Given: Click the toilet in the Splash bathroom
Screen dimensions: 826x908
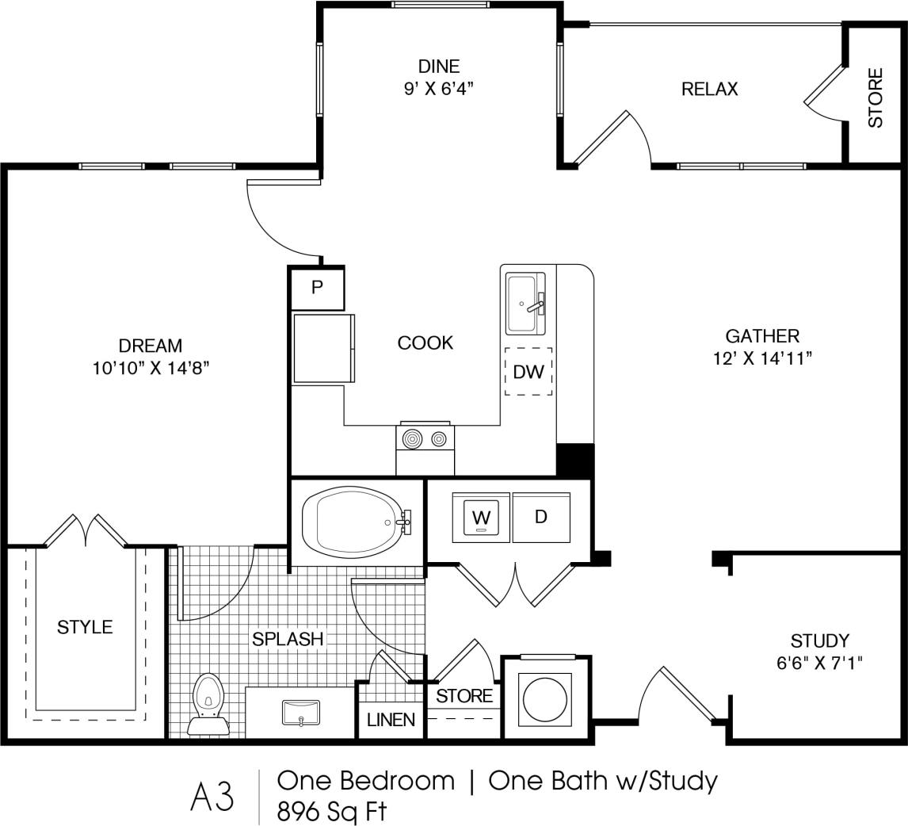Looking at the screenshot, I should point(208,702).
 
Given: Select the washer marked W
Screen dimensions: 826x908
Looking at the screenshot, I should point(481,518).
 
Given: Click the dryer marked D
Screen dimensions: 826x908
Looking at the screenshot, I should point(541,518).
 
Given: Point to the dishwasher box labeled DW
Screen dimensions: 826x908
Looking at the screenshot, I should point(528,371).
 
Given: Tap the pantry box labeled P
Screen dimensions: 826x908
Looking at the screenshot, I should point(317,288).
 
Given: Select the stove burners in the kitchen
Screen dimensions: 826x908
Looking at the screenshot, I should point(425,438).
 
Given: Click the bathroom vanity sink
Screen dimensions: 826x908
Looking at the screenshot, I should point(301,712).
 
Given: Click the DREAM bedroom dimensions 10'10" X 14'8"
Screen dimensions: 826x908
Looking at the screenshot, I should point(151,368).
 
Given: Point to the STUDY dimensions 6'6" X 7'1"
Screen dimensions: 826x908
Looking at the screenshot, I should point(819,662).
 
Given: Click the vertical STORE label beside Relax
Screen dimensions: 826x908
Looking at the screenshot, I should point(875,98).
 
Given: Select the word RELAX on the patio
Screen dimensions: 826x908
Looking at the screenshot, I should point(709,89).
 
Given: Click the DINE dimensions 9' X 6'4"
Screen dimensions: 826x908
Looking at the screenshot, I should point(438,89).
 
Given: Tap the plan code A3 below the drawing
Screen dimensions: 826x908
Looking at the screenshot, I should point(212,797).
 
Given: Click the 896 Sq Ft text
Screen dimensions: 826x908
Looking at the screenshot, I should point(331,812).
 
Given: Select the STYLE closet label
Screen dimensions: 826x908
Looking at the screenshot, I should point(85,627).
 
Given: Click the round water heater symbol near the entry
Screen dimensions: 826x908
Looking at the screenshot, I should point(546,696).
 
